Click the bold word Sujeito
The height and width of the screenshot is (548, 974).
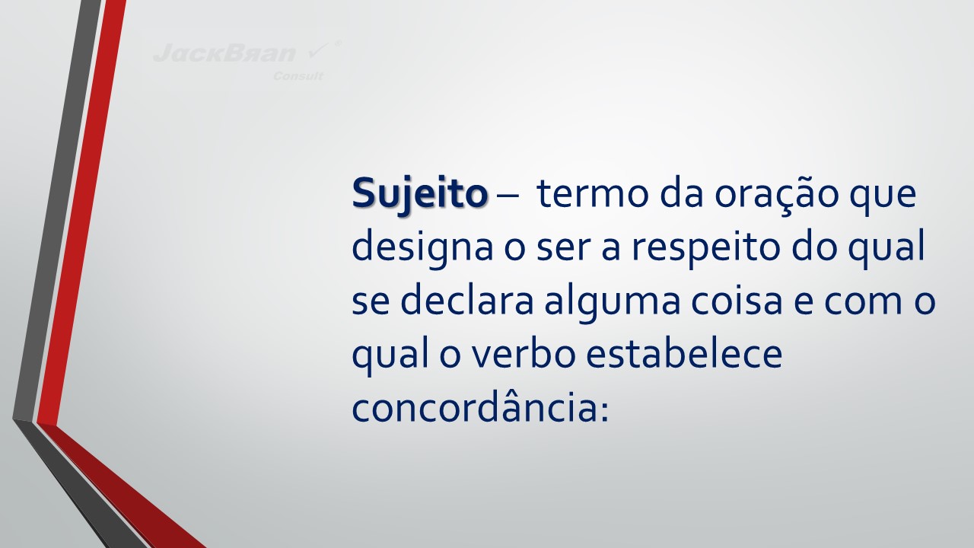(x=419, y=194)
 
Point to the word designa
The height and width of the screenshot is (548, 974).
(x=422, y=249)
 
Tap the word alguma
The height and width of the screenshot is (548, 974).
(x=613, y=303)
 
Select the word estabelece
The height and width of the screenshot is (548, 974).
(x=684, y=354)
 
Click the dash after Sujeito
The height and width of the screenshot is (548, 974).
(x=506, y=196)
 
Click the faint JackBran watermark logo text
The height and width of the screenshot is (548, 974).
(x=224, y=53)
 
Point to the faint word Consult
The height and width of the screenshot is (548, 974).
(x=298, y=77)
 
